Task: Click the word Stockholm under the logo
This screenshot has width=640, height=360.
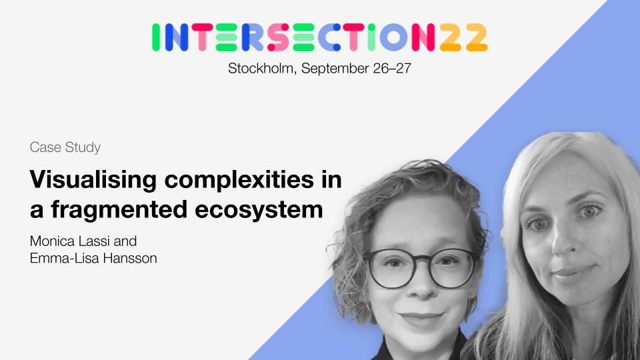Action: (261, 68)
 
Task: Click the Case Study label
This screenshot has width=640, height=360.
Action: (65, 147)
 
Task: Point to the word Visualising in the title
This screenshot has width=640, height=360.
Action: (93, 179)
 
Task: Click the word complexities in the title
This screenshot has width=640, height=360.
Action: (239, 180)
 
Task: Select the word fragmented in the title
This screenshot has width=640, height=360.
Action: (119, 210)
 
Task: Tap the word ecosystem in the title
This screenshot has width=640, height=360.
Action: (259, 211)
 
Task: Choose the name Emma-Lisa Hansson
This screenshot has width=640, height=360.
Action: (93, 259)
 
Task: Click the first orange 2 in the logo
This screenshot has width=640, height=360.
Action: (451, 37)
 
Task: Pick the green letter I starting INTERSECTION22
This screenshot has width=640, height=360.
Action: (155, 37)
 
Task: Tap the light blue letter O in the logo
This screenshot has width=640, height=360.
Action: (393, 37)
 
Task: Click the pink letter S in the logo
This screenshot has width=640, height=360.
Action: (279, 37)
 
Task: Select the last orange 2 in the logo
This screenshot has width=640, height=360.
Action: (477, 37)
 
